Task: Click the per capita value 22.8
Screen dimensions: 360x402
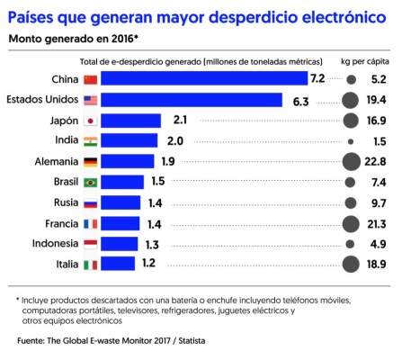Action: (376, 162)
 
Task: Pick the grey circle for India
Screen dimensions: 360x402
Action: (351, 141)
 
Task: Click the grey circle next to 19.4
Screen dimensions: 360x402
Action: (351, 100)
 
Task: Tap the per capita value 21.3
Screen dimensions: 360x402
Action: (376, 223)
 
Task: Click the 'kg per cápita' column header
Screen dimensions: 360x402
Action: (363, 60)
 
